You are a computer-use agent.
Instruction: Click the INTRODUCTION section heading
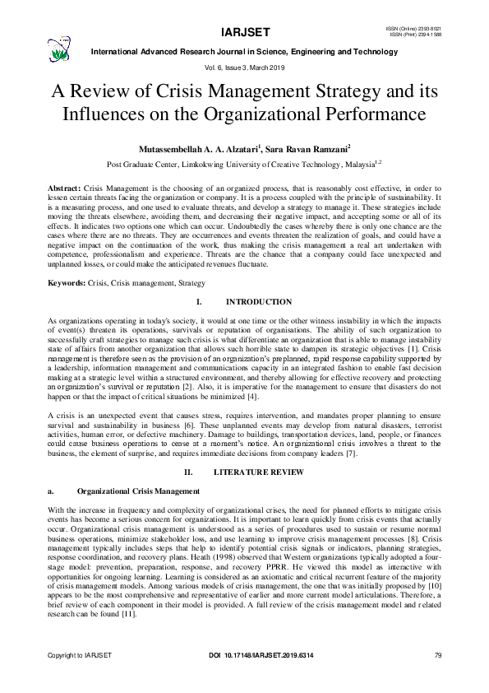click(x=258, y=303)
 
